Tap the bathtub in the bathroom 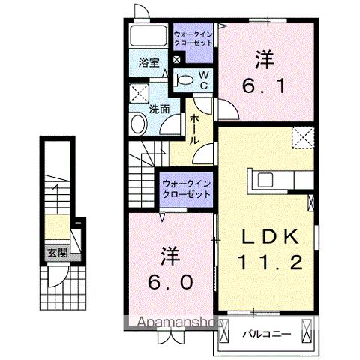(148, 36)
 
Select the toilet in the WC (183, 79)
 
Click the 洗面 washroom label (157, 109)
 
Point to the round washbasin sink (137, 124)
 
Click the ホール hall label (194, 130)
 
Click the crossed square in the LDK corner (303, 137)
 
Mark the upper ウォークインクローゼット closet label (193, 39)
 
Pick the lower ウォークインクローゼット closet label (185, 188)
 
